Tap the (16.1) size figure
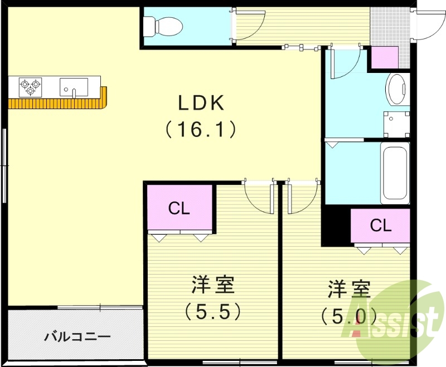(x=201, y=130)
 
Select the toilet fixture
(x=162, y=26)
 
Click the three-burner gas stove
(x=30, y=85)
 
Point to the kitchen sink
(x=74, y=87)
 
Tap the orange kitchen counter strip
(x=56, y=104)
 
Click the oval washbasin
(x=397, y=89)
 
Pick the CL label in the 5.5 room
(x=180, y=209)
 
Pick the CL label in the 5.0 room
(x=381, y=226)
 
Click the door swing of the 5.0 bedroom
(x=299, y=197)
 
